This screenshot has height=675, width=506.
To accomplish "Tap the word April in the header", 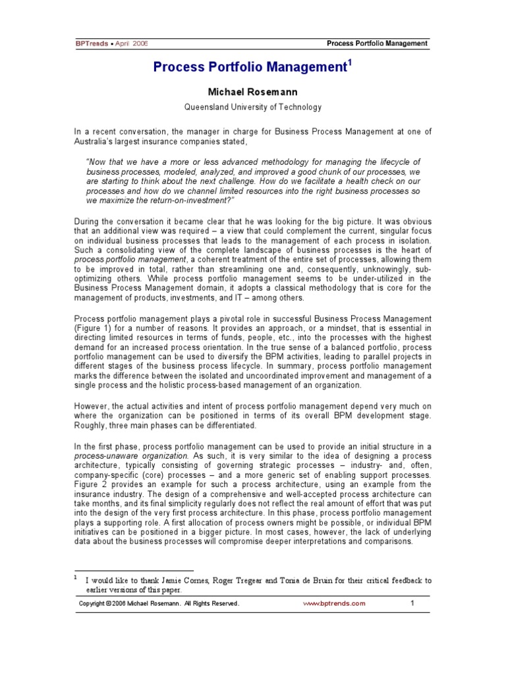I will pos(122,44).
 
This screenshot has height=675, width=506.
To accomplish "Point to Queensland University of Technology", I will pos(252,107).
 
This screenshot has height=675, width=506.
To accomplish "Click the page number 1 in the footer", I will pos(412,603).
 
